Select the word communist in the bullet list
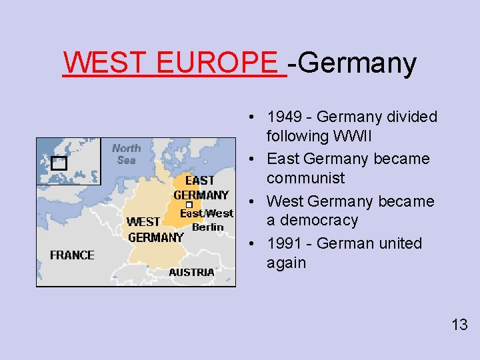tap(305, 178)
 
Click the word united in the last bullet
tap(400, 243)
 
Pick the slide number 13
tap(459, 325)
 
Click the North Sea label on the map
tap(126, 154)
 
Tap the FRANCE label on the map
tap(72, 255)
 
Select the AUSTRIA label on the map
tap(191, 272)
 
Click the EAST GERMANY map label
tap(200, 187)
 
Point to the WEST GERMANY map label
tap(155, 229)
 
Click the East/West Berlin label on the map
tap(207, 220)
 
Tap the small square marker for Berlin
tap(189, 205)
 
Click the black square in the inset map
tap(59, 163)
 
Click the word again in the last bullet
tap(286, 263)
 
